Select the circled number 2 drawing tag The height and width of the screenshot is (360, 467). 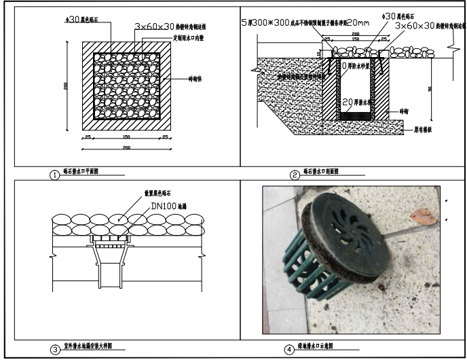(295, 175)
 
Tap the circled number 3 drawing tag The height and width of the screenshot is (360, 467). (54, 350)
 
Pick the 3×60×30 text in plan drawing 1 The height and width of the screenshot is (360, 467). (160, 26)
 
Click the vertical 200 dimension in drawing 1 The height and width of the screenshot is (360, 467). (65, 88)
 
